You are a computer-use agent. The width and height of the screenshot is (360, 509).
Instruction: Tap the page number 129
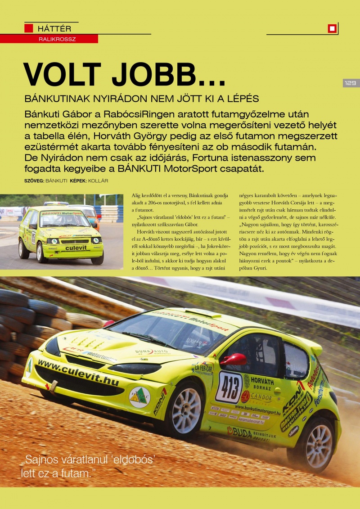point(351,83)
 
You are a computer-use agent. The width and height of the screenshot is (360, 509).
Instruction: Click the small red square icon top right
point(332,29)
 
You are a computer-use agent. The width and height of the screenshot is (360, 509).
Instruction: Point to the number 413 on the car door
point(229,387)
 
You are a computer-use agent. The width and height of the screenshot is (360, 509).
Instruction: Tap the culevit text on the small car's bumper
point(75,248)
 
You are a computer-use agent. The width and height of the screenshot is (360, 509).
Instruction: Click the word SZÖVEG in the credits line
point(34,181)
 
